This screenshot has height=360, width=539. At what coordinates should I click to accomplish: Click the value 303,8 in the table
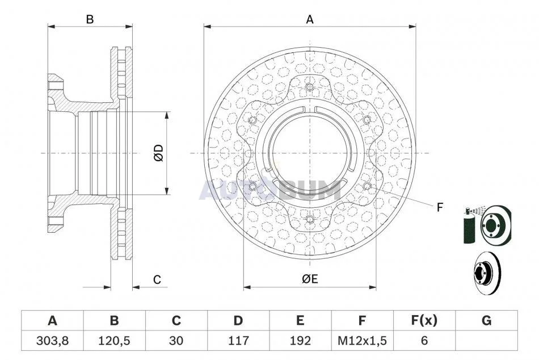point(52,341)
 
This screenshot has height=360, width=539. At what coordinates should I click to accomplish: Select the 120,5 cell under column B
point(114,341)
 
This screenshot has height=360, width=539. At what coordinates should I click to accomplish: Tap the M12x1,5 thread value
point(363,341)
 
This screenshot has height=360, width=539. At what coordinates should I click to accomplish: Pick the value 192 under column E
point(300,341)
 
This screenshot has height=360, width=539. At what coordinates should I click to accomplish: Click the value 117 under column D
point(238,341)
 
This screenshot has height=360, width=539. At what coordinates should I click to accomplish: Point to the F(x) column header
point(424,320)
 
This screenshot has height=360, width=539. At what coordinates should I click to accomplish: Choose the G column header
point(486,320)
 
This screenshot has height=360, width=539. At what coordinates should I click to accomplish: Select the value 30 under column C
point(176,341)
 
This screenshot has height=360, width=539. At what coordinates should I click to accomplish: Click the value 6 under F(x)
point(424,341)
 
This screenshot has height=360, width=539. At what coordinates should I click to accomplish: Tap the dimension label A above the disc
point(310,20)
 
